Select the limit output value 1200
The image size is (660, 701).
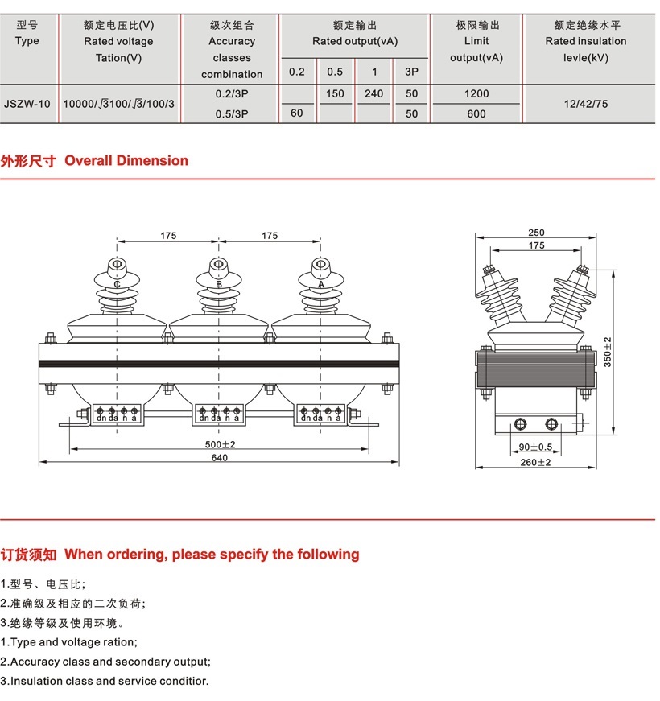pyautogui.click(x=476, y=93)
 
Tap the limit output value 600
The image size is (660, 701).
pyautogui.click(x=476, y=113)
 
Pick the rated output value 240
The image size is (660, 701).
pyautogui.click(x=373, y=93)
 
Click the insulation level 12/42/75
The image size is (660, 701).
pyautogui.click(x=586, y=104)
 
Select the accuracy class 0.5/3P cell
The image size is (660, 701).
pyautogui.click(x=232, y=113)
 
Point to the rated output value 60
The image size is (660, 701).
pyautogui.click(x=297, y=113)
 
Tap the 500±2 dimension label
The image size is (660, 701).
pyautogui.click(x=220, y=444)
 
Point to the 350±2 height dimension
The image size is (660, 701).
pyautogui.click(x=608, y=351)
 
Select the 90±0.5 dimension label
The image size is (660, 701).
pyautogui.click(x=535, y=447)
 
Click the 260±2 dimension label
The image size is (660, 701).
pyautogui.click(x=536, y=462)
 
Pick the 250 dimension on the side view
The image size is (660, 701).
pyautogui.click(x=536, y=233)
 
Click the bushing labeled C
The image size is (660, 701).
pyautogui.click(x=118, y=284)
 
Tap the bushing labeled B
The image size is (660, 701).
pyautogui.click(x=218, y=284)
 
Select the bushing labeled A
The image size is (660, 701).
pyautogui.click(x=320, y=284)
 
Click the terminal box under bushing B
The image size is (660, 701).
pyautogui.click(x=219, y=414)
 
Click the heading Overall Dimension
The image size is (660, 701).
pyautogui.click(x=126, y=160)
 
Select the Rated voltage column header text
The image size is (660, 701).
pyautogui.click(x=118, y=41)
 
